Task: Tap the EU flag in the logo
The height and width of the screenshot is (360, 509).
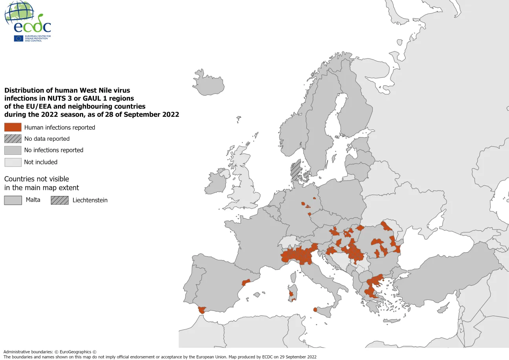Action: [x=18, y=38]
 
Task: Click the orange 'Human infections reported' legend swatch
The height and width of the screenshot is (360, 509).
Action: [x=13, y=127]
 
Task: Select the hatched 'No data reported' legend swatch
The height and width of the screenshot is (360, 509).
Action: [x=13, y=139]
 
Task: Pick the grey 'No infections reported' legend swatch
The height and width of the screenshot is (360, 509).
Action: [x=13, y=150]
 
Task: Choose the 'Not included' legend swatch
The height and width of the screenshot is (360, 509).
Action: [x=13, y=162]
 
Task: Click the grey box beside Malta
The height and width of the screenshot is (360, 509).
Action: [x=13, y=200]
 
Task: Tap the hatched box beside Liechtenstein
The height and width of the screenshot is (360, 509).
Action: [x=59, y=200]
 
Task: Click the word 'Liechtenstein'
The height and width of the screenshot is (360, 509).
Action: [x=90, y=200]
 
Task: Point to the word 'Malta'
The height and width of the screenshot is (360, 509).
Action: [x=33, y=200]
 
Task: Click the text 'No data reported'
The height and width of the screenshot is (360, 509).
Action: [x=47, y=139]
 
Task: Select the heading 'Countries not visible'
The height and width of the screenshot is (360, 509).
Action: [x=37, y=179]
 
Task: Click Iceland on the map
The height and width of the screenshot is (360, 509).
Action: [x=205, y=82]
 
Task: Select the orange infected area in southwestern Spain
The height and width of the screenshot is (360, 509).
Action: [x=202, y=310]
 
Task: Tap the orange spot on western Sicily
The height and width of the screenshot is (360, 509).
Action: [x=315, y=310]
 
